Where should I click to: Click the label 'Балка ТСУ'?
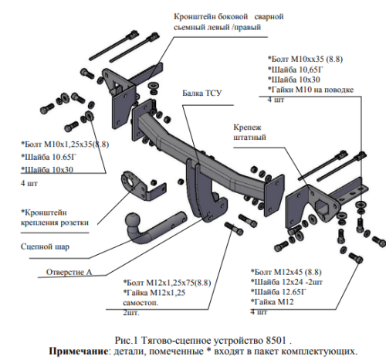[x=202, y=93]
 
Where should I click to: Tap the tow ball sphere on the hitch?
[x=133, y=221]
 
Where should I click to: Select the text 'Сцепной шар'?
[x=45, y=246]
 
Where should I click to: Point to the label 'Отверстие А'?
[x=69, y=272]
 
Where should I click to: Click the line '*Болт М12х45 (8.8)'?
[x=286, y=272]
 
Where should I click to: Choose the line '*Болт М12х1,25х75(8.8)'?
[x=167, y=283]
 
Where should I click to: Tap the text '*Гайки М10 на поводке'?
[x=310, y=90]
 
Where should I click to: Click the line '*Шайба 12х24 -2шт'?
[x=286, y=282]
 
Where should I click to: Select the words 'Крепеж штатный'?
[x=249, y=132]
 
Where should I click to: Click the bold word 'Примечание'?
[x=79, y=351]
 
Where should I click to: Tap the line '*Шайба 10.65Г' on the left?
[x=49, y=157]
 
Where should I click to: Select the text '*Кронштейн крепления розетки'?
[x=55, y=217]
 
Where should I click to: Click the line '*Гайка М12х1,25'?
[x=154, y=293]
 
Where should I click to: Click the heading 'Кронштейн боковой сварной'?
[x=229, y=16]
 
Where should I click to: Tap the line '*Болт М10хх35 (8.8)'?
[x=305, y=59]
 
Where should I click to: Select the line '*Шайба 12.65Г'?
[x=279, y=292]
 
